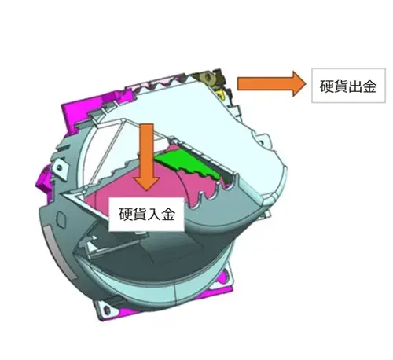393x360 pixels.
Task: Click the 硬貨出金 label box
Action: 348,86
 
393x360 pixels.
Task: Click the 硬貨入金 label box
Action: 146,215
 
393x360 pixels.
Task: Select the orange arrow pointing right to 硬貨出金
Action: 271,84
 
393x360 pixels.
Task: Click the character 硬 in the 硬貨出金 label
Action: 326,86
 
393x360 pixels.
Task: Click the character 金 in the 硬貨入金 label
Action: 167,215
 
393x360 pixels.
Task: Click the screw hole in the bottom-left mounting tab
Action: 107,310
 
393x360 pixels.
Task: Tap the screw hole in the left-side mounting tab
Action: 60,167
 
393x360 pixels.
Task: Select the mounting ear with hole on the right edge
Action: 262,141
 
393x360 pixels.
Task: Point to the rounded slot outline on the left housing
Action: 61,219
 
